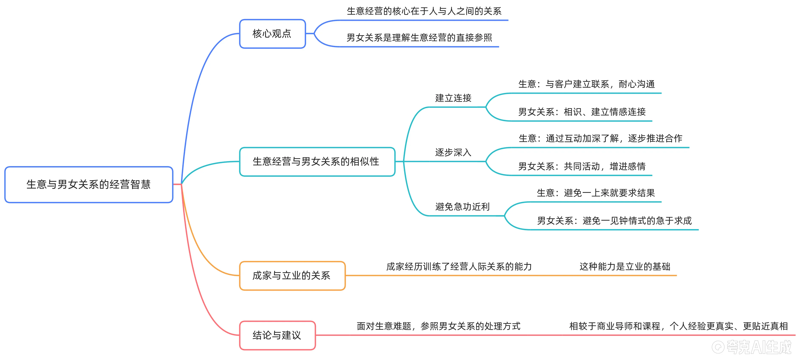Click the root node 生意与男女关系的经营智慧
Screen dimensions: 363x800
click(x=89, y=184)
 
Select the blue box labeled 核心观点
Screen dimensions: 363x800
click(x=272, y=34)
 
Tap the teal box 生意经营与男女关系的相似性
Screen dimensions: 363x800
click(x=316, y=161)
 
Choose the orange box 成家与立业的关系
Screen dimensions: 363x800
click(x=292, y=275)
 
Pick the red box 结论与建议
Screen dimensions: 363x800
click(x=277, y=335)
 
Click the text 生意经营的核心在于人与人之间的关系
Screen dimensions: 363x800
click(x=424, y=11)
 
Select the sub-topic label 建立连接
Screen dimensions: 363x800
click(x=453, y=98)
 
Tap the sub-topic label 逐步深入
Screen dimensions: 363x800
click(x=453, y=153)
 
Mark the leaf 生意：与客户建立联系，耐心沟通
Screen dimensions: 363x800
click(x=586, y=84)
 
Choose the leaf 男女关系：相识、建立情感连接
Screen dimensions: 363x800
click(x=582, y=112)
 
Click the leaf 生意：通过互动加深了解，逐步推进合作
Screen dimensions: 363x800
click(x=600, y=139)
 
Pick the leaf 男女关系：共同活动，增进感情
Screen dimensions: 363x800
click(x=582, y=167)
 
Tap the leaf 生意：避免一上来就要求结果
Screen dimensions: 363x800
click(x=596, y=193)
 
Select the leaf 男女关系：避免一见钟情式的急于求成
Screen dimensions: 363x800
click(x=614, y=221)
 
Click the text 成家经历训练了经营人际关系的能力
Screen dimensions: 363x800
click(x=459, y=266)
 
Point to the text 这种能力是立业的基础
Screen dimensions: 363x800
click(x=625, y=266)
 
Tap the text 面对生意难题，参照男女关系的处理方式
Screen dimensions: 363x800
click(x=439, y=326)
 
